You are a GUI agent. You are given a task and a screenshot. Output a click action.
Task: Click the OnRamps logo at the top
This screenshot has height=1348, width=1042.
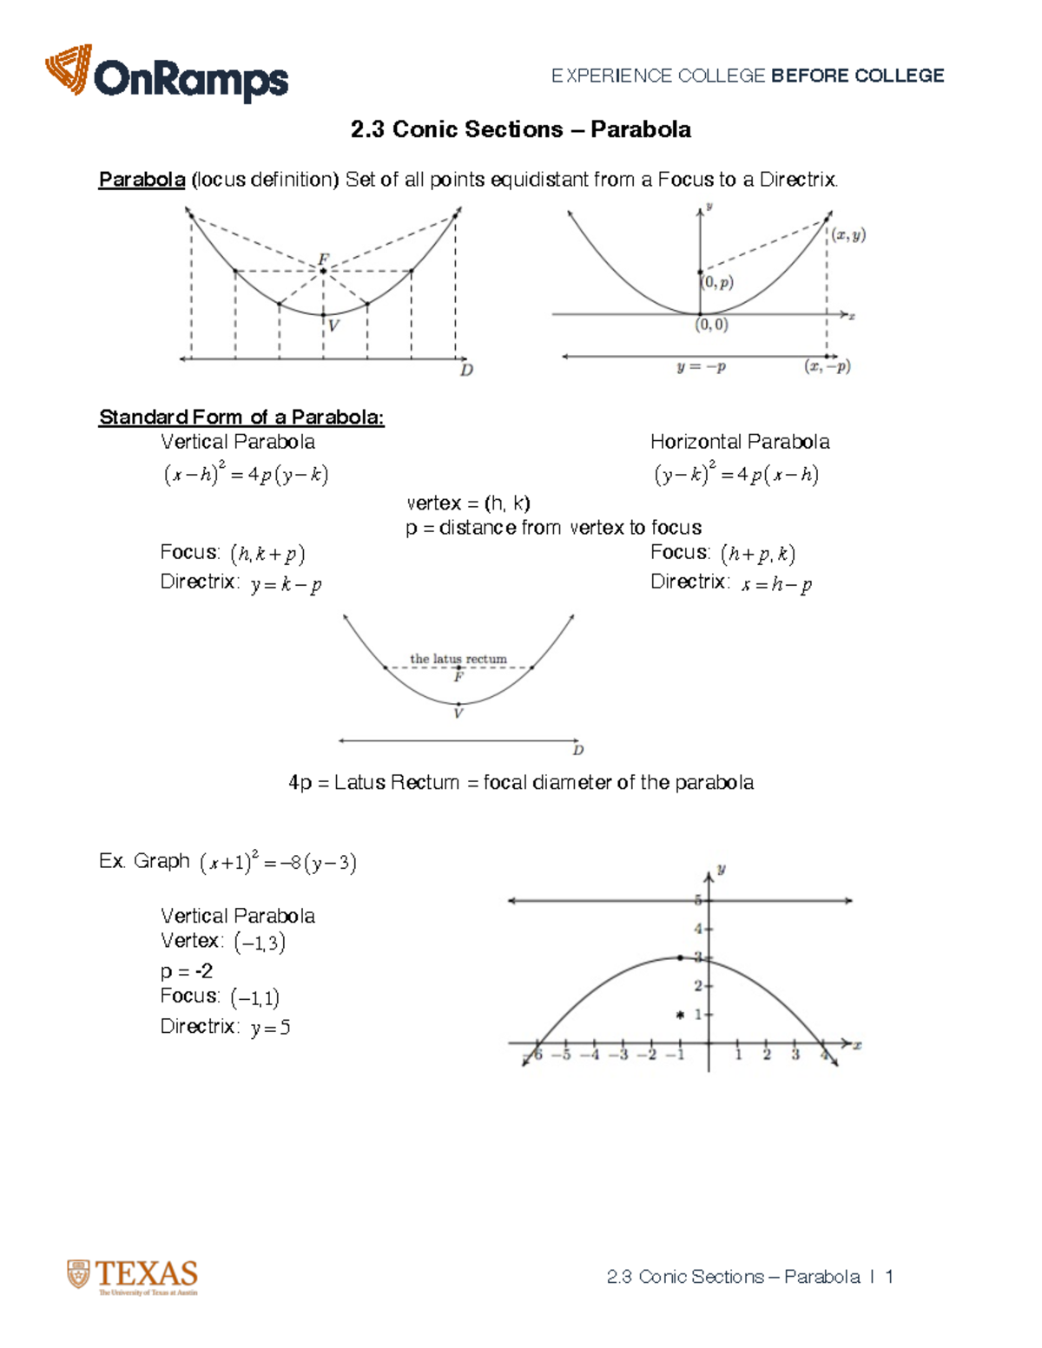coord(167,75)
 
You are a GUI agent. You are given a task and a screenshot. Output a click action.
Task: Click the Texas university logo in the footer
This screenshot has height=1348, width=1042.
coord(133,1277)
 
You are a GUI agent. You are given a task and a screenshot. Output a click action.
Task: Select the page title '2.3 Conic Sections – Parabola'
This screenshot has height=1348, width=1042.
coord(520,129)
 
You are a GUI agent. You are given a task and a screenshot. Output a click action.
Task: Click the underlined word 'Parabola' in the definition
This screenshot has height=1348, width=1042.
coord(142,180)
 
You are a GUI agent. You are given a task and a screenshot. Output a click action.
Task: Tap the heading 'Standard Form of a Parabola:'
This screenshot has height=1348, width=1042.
coord(241,418)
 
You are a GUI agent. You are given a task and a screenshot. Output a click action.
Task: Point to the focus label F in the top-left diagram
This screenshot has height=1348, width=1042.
coord(323,259)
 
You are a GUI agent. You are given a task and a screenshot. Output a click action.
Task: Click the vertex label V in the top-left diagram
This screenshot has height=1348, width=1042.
coord(333,326)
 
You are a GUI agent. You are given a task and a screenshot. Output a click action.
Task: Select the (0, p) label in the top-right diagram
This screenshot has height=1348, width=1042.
coord(717,282)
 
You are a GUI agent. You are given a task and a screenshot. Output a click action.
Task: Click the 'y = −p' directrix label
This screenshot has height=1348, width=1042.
coord(701,367)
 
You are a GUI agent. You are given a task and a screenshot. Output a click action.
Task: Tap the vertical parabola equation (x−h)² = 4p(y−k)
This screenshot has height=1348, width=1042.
coord(246,475)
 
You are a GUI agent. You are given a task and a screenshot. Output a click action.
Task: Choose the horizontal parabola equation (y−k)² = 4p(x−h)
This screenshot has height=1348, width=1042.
coord(736,475)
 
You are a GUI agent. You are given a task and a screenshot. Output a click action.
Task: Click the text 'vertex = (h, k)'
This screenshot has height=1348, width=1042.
coord(468,503)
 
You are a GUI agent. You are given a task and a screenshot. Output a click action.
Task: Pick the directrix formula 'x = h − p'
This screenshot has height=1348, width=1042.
coord(776,585)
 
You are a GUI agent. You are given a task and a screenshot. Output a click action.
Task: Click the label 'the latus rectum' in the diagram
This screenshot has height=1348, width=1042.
coord(458,659)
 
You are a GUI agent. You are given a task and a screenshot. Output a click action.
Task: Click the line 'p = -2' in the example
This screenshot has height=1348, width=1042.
coord(187,970)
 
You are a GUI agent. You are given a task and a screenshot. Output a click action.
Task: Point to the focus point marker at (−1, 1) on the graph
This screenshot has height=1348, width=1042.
coord(680,1014)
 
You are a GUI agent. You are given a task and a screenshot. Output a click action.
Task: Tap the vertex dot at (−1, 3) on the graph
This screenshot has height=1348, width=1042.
coord(680,957)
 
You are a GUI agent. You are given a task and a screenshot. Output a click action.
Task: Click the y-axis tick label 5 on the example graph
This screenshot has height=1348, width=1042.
coord(697,900)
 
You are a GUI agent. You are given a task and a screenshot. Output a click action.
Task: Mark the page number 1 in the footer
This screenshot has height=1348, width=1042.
coord(889,1277)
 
